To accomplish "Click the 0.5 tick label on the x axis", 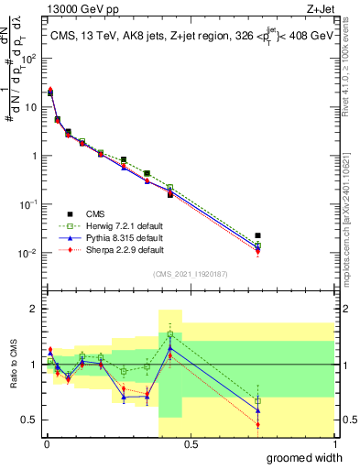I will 190,443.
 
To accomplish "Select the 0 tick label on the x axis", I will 46,443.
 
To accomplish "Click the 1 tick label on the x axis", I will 333,443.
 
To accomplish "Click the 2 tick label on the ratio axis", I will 34,309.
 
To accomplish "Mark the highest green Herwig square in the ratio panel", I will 170,334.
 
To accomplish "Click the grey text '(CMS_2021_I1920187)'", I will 189,272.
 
